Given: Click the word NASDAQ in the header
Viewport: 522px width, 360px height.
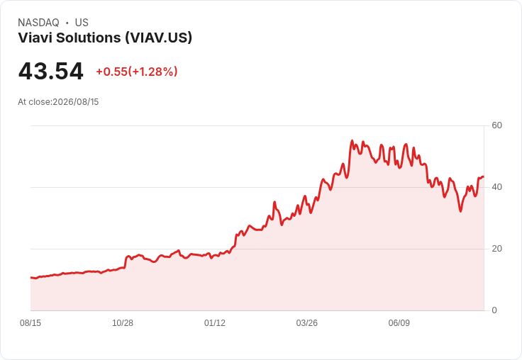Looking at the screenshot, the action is click(x=38, y=23).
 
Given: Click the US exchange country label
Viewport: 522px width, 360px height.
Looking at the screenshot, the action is click(x=82, y=23).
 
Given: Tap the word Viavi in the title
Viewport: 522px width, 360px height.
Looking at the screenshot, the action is click(x=35, y=38).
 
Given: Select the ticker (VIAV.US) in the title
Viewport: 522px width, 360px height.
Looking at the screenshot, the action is click(x=158, y=38).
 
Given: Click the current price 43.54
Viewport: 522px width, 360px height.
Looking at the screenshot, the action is click(x=50, y=71).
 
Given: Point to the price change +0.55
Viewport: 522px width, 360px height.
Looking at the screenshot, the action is click(x=112, y=72).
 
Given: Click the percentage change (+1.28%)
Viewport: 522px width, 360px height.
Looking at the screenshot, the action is click(x=152, y=72).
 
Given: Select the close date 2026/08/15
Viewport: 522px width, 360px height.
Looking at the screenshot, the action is click(x=76, y=102).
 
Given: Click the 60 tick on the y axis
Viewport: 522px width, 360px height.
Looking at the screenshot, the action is click(x=496, y=125).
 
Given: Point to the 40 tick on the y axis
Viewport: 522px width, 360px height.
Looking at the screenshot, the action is click(x=496, y=187).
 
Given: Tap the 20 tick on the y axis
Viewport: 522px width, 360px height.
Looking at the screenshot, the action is click(x=496, y=249).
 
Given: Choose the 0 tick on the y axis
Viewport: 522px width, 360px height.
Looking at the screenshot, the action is click(x=494, y=310).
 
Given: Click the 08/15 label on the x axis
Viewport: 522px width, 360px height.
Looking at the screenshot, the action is click(x=30, y=323).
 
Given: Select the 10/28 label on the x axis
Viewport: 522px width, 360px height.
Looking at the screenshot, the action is click(x=123, y=323).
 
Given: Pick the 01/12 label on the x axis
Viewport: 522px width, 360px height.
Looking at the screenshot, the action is click(x=215, y=323).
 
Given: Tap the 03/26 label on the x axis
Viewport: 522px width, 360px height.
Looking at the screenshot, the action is click(x=307, y=323).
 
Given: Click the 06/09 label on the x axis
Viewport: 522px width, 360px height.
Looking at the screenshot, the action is click(x=399, y=323).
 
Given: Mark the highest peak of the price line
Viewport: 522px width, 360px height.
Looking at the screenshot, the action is click(x=352, y=141).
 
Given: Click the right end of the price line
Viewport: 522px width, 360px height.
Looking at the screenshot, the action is click(x=484, y=176).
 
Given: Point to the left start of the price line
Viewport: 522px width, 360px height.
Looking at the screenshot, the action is click(x=31, y=278).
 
